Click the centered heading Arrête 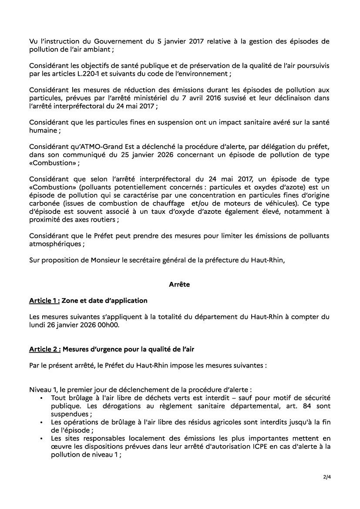(179, 284)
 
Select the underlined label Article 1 (44, 301)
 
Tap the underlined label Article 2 (44, 349)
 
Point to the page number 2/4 (326, 477)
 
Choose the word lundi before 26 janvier (37, 325)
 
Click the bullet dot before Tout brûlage (41, 398)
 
